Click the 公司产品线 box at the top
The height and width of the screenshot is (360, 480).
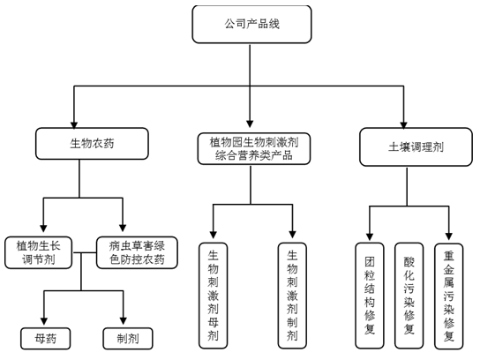(x=251, y=24)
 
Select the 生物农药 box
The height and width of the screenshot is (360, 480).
(x=92, y=144)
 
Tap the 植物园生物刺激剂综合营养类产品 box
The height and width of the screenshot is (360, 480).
(x=254, y=149)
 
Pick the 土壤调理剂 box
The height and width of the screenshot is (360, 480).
(x=416, y=147)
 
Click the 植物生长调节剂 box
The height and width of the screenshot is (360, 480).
(x=38, y=252)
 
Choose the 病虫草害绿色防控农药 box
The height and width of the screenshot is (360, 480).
(x=137, y=252)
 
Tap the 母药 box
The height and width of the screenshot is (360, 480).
(x=45, y=338)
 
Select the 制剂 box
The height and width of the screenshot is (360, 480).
(x=128, y=338)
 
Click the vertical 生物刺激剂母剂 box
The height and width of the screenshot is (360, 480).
(x=213, y=296)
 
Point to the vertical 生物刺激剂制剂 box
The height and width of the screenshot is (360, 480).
(x=292, y=296)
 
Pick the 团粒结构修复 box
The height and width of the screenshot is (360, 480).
(x=370, y=296)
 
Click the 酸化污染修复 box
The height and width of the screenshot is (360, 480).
(x=409, y=296)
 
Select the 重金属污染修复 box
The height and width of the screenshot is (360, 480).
(x=449, y=296)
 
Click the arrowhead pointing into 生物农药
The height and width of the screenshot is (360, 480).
(x=74, y=124)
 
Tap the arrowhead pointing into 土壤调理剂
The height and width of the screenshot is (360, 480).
(x=403, y=124)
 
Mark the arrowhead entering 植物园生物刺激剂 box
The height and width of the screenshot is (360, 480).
(x=250, y=124)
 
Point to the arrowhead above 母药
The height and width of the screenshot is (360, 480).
(x=44, y=321)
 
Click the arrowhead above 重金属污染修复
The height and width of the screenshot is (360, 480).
(x=449, y=236)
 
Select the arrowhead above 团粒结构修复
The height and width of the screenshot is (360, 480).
(x=370, y=236)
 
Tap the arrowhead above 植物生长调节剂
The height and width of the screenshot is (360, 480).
(x=43, y=229)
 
